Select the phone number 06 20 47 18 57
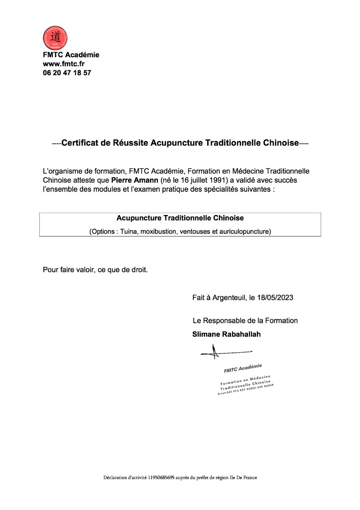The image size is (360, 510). (x=67, y=73)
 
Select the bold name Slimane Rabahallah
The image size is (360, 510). (x=226, y=334)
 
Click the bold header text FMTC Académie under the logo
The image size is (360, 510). (x=71, y=55)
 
